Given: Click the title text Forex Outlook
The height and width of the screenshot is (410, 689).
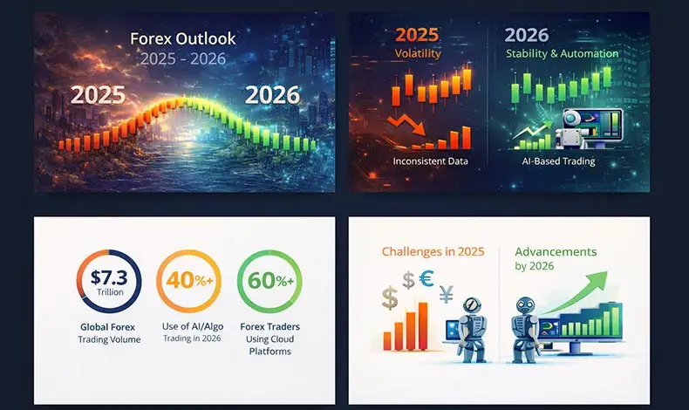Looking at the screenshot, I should [183, 39].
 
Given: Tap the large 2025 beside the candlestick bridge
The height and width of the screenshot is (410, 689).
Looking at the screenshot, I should [98, 95].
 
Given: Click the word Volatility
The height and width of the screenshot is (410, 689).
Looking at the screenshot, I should [418, 54].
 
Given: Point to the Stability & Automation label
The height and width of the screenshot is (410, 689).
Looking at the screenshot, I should [563, 54].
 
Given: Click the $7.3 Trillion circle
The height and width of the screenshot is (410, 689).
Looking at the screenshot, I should [108, 282].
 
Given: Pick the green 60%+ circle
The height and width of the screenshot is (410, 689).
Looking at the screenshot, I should [269, 282].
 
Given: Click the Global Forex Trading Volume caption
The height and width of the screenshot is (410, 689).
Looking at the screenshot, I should [109, 333].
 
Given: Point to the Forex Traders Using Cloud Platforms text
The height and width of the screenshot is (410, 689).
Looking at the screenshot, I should [269, 339].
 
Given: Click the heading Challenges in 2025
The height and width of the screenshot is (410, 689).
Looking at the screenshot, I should [433, 252].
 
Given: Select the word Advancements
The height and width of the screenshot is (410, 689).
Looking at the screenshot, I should [556, 251].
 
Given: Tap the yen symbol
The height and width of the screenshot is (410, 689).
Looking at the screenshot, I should [447, 296].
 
